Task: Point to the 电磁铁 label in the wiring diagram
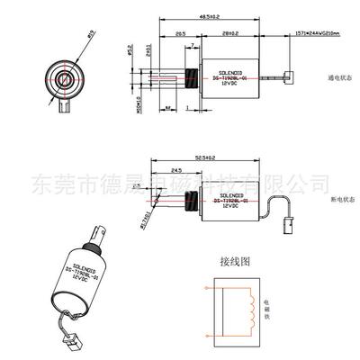tap(266, 310)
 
